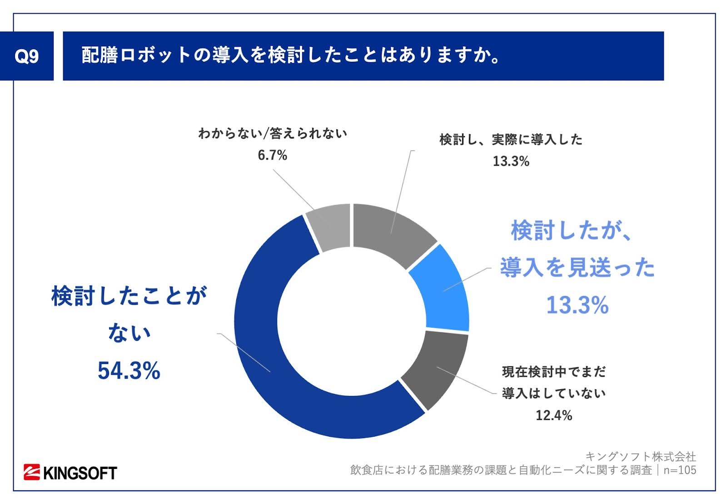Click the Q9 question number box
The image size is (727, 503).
coord(27,56)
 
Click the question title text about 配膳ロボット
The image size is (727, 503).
coord(291,55)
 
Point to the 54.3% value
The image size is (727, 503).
coord(129,371)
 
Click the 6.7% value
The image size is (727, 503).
coord(272,155)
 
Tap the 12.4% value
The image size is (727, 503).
coord(553,415)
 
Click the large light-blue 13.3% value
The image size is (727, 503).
coord(577,305)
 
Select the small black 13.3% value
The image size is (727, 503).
coord(511,161)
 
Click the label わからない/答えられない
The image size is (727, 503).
coord(273,133)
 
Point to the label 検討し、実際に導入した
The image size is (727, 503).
coord(511,139)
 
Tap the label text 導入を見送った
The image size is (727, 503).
coord(577,267)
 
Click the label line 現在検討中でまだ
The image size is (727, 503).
coord(553,372)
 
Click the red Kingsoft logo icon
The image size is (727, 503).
coord(32,472)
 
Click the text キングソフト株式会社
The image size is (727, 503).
coord(640,456)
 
